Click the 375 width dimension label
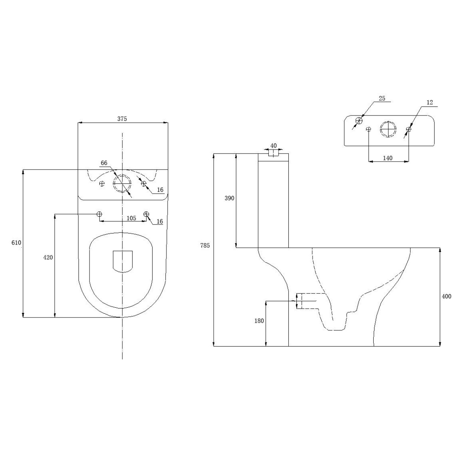(122, 119)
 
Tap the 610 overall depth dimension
(16, 242)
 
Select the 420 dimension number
(48, 257)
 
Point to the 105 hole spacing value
(131, 218)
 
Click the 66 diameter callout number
(104, 163)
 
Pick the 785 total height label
(205, 245)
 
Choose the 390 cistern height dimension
(230, 198)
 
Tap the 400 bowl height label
(447, 296)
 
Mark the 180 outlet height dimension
(259, 320)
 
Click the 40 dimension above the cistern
(273, 146)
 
